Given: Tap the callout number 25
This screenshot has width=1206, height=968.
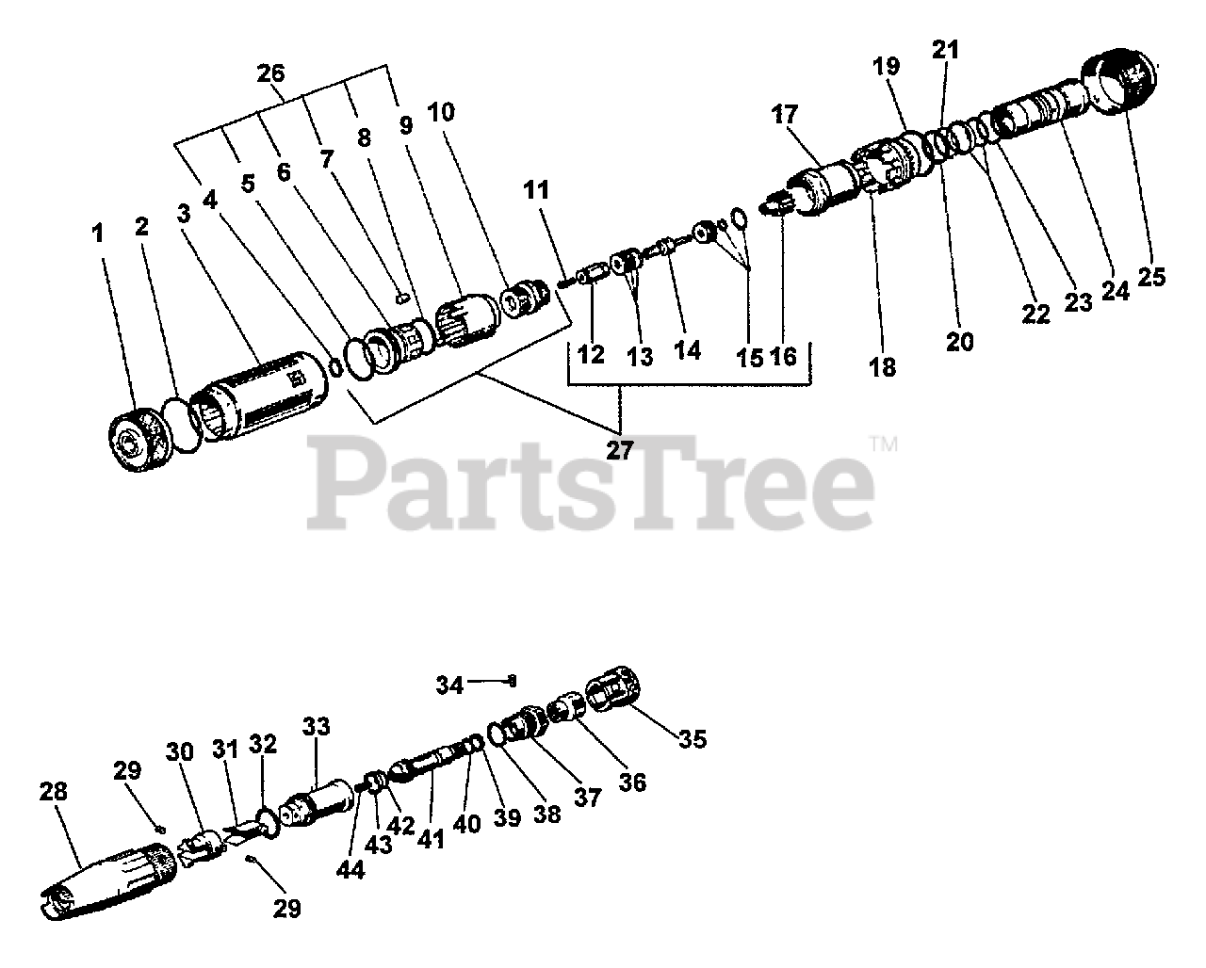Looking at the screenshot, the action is point(1150,276).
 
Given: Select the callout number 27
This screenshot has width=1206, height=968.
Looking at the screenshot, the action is point(619,449).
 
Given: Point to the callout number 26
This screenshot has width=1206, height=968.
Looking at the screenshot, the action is point(271,73).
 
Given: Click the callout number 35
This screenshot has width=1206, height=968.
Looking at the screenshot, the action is point(692,738).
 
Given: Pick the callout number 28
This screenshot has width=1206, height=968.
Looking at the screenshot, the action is point(54,791).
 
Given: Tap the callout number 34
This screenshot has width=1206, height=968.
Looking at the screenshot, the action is point(449,685).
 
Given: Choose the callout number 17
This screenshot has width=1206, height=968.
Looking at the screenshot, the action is point(784,115).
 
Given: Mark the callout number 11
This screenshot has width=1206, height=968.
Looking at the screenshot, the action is point(536,189).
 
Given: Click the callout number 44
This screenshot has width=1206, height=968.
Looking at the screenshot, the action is point(350,869).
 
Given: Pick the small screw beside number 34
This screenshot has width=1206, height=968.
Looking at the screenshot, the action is point(511,679).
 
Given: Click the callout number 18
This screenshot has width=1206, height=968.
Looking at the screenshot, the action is point(883,366).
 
